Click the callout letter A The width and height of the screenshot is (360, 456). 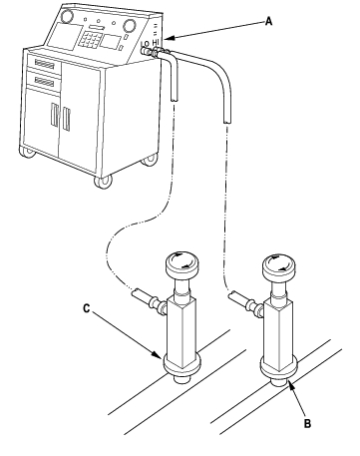(268, 22)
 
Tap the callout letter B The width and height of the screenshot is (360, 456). (307, 424)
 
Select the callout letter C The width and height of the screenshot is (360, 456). (86, 308)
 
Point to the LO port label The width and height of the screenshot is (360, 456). (145, 44)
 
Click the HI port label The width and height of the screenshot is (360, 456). (156, 43)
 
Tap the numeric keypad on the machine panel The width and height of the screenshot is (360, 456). (89, 39)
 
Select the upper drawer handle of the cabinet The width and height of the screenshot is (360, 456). (45, 64)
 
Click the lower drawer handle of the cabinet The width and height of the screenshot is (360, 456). (44, 82)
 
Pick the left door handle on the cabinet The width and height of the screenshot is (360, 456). (54, 115)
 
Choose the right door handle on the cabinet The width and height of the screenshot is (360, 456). (66, 119)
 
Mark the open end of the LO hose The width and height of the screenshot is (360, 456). (174, 99)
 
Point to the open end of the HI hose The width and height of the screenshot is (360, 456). (227, 122)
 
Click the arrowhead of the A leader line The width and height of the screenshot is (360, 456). (168, 39)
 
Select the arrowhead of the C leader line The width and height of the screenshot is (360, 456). (157, 354)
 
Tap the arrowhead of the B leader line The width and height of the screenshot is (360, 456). (291, 386)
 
